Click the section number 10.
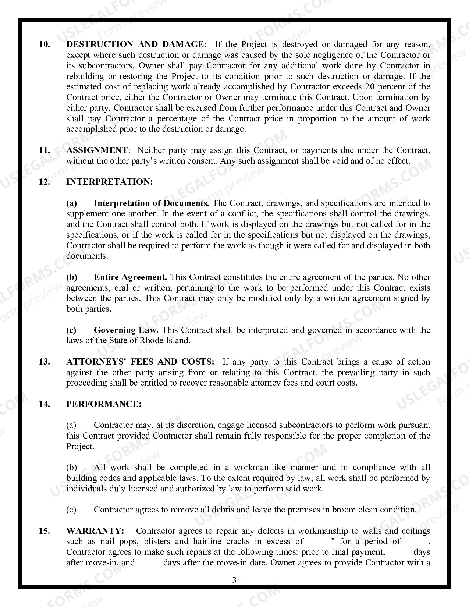point(44,45)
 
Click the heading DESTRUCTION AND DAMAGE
point(134,45)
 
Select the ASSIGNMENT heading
point(97,150)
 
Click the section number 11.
point(44,150)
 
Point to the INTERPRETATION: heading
point(109,182)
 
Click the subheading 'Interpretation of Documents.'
point(152,203)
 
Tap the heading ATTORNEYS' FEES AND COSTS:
point(140,362)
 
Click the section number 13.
point(44,362)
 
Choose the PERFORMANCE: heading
point(104,404)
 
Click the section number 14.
point(44,404)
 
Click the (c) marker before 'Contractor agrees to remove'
point(71,510)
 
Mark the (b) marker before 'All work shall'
point(71,468)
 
